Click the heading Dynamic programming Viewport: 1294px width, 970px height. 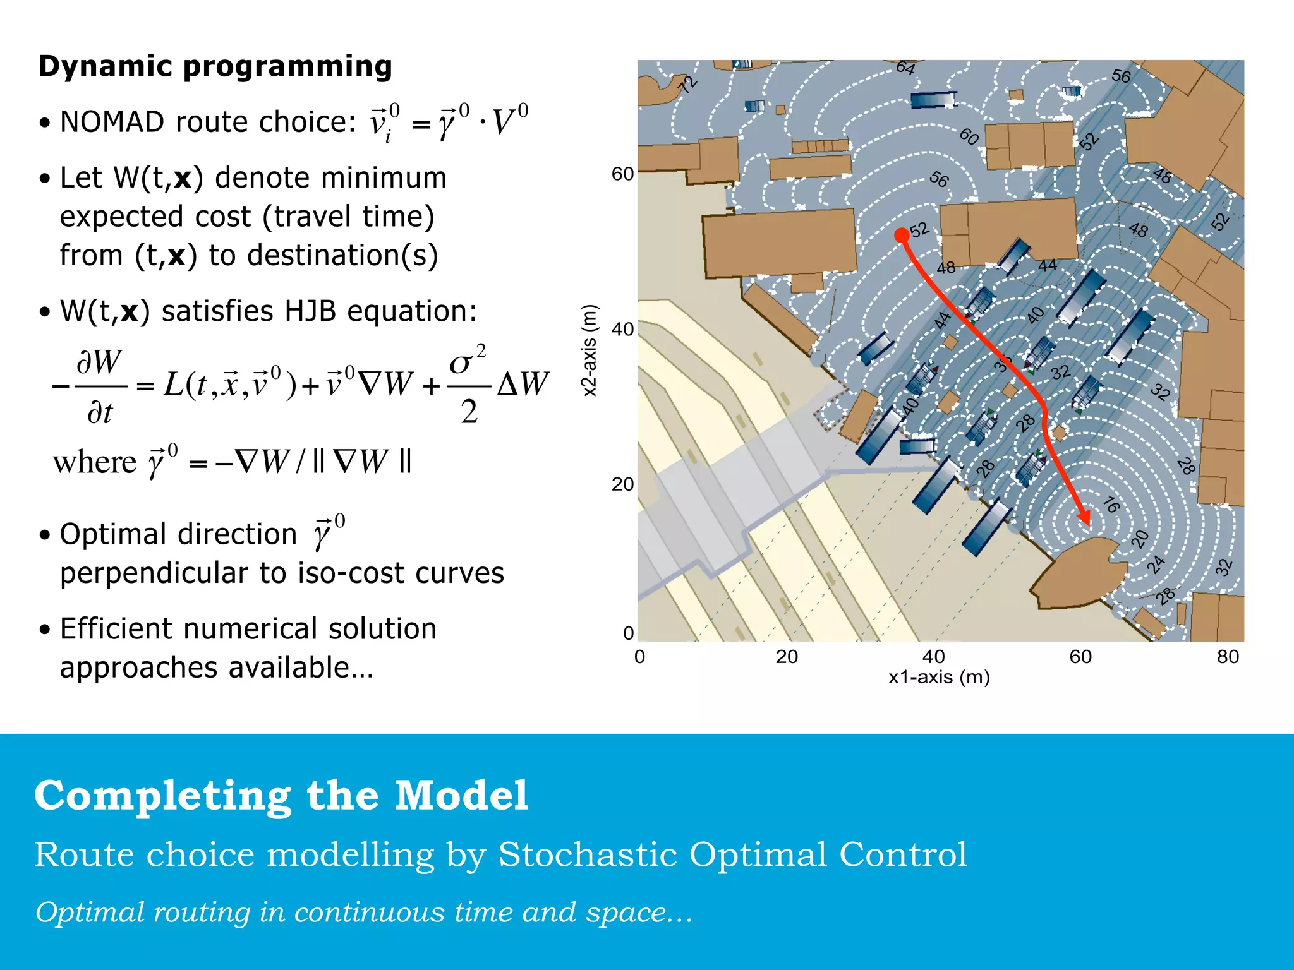[215, 66]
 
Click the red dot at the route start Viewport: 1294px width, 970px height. [902, 236]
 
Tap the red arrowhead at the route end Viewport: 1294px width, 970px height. [1084, 518]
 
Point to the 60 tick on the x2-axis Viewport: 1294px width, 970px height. [622, 174]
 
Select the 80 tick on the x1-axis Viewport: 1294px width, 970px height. [1228, 657]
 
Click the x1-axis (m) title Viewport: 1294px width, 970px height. [939, 677]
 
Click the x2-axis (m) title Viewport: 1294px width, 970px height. [589, 350]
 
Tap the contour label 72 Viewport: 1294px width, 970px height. [687, 84]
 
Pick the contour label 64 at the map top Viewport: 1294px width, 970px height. [905, 68]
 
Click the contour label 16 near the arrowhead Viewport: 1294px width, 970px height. [1111, 505]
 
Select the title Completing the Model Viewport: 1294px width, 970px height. [281, 795]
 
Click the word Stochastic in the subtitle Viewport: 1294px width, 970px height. [588, 854]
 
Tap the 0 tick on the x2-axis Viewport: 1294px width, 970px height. [628, 633]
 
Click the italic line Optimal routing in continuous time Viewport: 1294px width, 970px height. [363, 912]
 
